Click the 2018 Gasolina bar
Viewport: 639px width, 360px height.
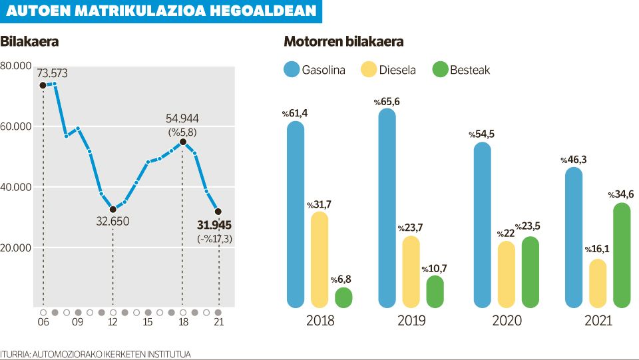(x=296, y=214)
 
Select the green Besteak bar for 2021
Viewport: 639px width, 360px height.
(x=622, y=256)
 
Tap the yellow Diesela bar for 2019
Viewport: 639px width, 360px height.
(x=411, y=271)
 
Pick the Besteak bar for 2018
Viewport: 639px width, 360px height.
(x=343, y=297)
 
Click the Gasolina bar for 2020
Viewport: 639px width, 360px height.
(x=482, y=225)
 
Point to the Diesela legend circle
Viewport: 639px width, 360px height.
(x=368, y=69)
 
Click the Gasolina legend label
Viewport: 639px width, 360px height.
(x=323, y=69)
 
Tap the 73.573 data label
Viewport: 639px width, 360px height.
(x=53, y=73)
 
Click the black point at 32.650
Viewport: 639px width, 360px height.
(x=112, y=210)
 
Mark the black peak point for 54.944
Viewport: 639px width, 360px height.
(x=183, y=142)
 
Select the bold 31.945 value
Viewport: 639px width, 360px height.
(x=214, y=225)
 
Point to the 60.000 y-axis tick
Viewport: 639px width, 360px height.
(x=17, y=126)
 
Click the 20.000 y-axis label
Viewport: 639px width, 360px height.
(x=17, y=248)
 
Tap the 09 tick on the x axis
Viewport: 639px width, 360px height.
(x=78, y=322)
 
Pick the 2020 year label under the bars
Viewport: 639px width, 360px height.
(x=507, y=321)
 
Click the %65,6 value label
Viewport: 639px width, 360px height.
(x=387, y=102)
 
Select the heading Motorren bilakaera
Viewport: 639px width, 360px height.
(x=343, y=42)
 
